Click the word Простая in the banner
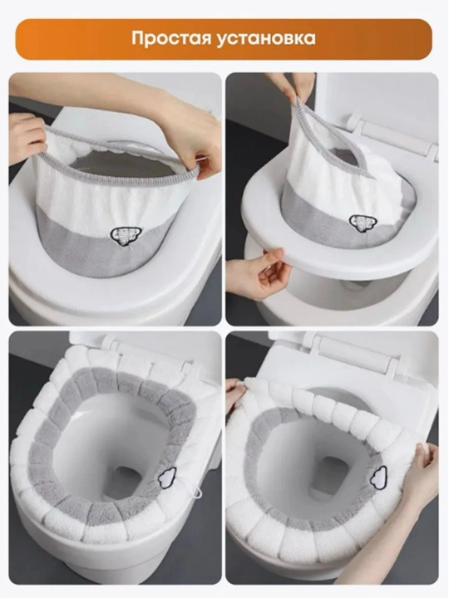[x=173, y=38]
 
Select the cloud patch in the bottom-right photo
[x=379, y=476]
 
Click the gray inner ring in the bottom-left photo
[x=42, y=450]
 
